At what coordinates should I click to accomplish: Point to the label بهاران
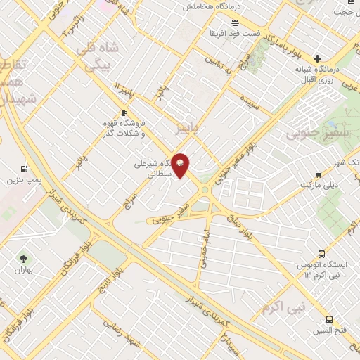(x=25, y=270)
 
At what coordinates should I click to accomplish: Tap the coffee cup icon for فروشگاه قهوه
(x=124, y=112)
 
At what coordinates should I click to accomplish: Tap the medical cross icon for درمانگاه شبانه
(x=318, y=58)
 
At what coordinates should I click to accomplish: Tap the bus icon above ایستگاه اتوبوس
(x=322, y=253)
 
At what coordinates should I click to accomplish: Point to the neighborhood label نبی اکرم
(x=284, y=307)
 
